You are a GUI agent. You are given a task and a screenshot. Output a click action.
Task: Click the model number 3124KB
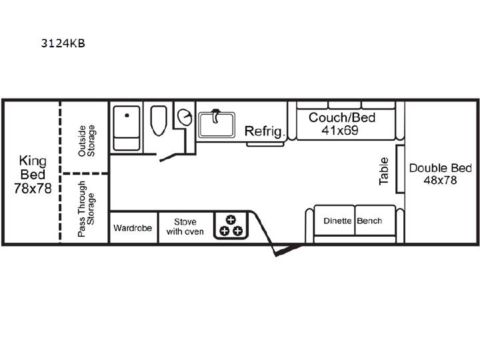63,43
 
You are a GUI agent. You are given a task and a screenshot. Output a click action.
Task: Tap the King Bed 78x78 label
33,175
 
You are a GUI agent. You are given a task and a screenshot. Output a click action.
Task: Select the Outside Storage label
87,141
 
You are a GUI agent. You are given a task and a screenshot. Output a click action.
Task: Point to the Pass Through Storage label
86,209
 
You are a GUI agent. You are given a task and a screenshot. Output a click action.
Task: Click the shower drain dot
127,115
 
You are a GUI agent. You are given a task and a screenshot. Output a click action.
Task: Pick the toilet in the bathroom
159,121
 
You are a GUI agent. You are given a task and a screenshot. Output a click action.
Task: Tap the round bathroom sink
185,117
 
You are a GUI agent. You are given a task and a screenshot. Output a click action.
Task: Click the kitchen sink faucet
216,116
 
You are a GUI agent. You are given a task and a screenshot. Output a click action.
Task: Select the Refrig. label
265,131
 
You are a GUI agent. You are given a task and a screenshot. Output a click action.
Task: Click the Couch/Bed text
342,117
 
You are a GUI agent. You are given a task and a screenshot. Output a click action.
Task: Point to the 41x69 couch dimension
340,131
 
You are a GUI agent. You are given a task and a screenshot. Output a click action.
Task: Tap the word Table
383,171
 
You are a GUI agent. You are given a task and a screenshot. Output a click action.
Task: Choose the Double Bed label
440,168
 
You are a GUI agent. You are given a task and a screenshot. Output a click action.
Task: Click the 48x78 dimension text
440,180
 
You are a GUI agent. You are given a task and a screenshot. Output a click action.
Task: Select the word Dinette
337,221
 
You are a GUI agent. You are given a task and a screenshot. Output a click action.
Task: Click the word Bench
369,221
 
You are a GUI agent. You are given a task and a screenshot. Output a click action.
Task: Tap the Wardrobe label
133,228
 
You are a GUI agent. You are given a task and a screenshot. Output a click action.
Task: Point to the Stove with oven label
185,227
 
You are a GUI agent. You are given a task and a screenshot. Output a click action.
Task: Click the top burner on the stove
231,220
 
